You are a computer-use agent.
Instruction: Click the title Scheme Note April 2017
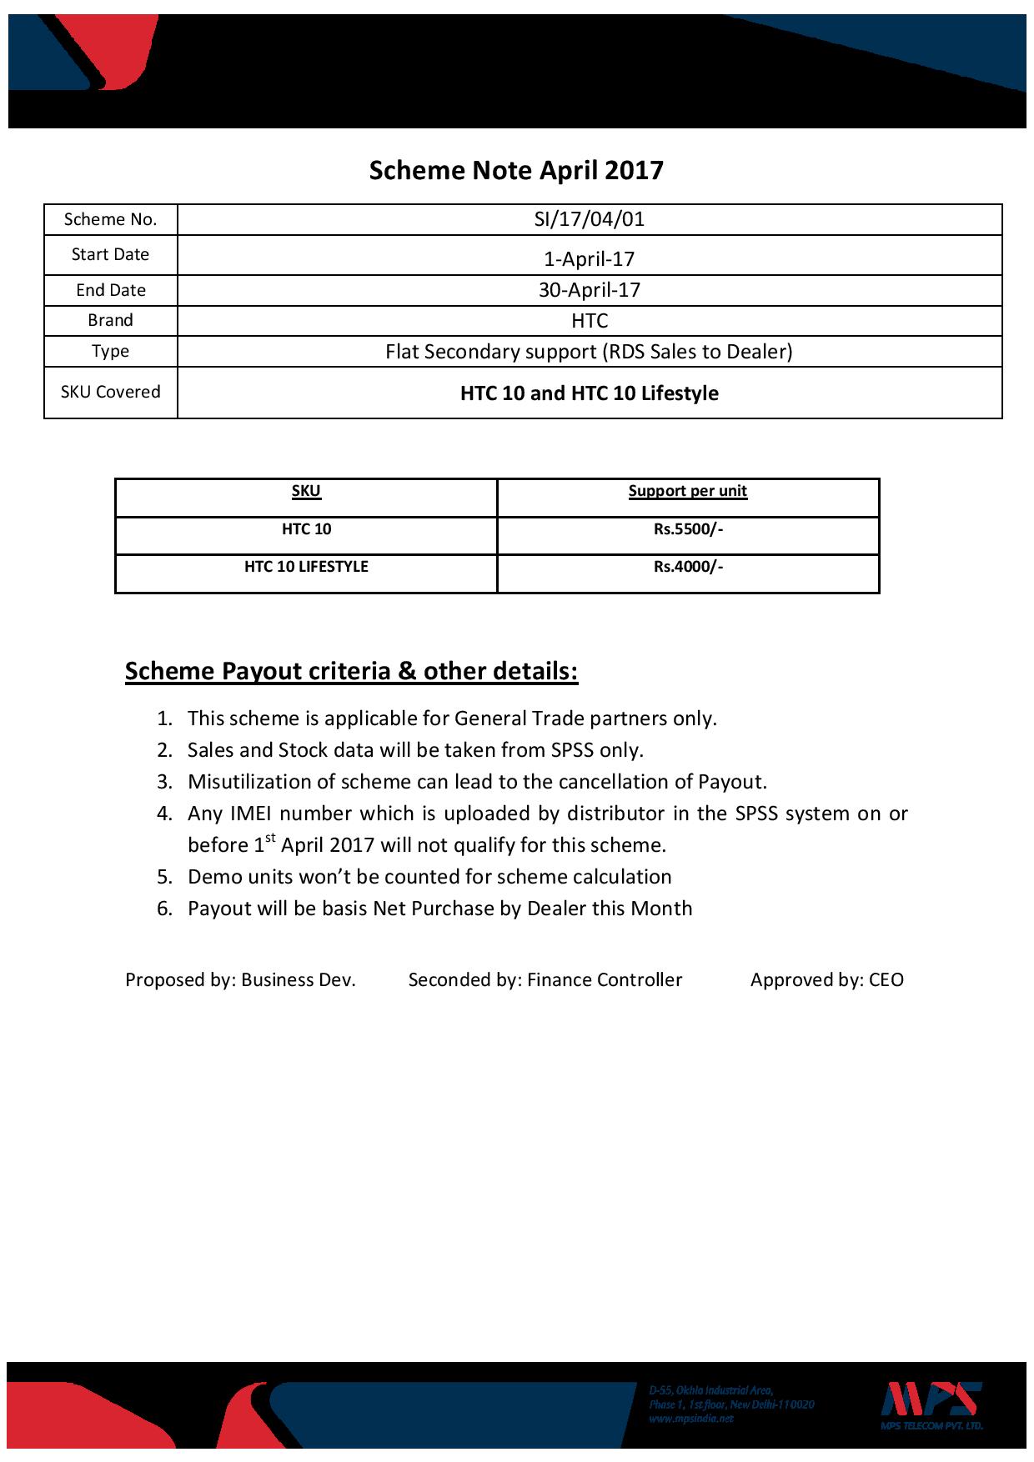click(x=516, y=171)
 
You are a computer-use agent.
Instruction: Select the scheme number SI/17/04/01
click(x=589, y=219)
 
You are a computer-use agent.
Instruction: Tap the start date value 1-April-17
click(x=589, y=258)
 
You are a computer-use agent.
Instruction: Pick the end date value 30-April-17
click(x=589, y=290)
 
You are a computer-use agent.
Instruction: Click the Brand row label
click(x=110, y=321)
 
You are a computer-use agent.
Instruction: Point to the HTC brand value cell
click(x=590, y=321)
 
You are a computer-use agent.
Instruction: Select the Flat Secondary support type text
click(x=589, y=352)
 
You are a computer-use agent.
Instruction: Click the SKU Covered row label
click(x=110, y=392)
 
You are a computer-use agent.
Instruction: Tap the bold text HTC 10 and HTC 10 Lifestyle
click(x=589, y=393)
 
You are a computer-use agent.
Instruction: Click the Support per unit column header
click(x=687, y=491)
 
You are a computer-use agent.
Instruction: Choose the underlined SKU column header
click(x=306, y=491)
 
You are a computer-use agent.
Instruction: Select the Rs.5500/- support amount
click(x=688, y=529)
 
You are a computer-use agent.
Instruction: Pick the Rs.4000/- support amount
click(x=688, y=567)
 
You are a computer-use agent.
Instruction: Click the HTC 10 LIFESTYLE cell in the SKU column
click(x=306, y=567)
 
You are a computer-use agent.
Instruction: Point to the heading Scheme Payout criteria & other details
click(x=351, y=672)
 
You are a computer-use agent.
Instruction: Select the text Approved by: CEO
click(x=826, y=980)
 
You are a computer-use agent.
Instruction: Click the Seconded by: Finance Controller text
click(x=545, y=980)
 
